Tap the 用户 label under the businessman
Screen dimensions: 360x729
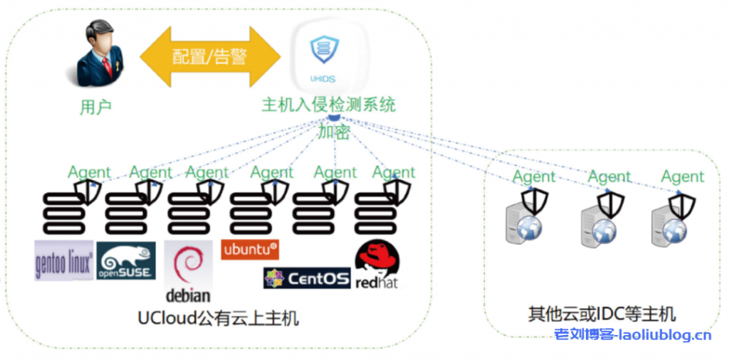pyautogui.click(x=96, y=107)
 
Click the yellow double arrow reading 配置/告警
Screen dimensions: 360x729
pyautogui.click(x=211, y=56)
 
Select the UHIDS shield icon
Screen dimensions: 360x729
pyautogui.click(x=324, y=53)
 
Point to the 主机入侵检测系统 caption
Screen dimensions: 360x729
pyautogui.click(x=328, y=105)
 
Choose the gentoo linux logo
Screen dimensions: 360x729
pyautogui.click(x=64, y=261)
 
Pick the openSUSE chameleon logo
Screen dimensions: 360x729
pyautogui.click(x=125, y=260)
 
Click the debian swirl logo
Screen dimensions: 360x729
pyautogui.click(x=189, y=270)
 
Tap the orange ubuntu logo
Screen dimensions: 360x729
pyautogui.click(x=251, y=250)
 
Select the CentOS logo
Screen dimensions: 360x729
pyautogui.click(x=307, y=277)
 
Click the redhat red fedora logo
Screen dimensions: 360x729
pyautogui.click(x=377, y=267)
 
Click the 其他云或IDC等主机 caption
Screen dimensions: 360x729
pyautogui.click(x=602, y=314)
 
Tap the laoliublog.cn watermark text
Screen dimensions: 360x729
pyautogui.click(x=633, y=335)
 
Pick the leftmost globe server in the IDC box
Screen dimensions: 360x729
pyautogui.click(x=523, y=224)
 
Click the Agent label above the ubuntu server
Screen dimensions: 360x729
pyautogui.click(x=272, y=173)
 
